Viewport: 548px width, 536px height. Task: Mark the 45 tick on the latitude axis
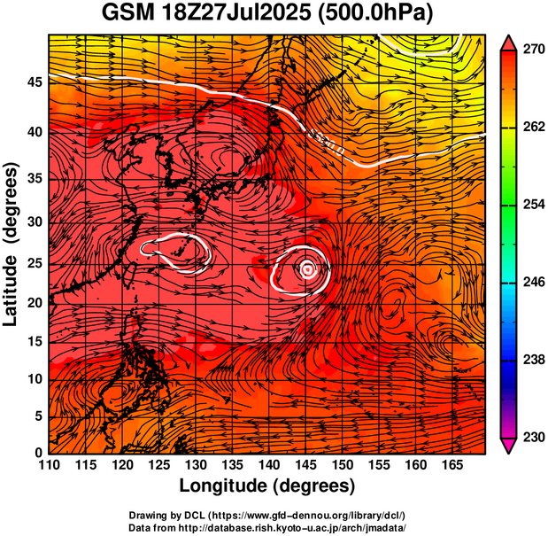click(35, 82)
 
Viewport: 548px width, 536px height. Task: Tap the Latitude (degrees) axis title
click(12, 243)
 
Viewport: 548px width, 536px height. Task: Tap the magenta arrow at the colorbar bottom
click(510, 447)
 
